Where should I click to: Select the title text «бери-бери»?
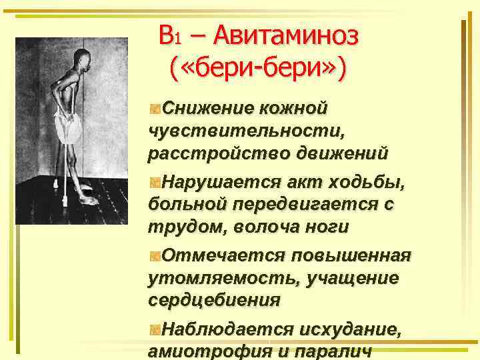258,69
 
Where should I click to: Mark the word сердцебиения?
214,301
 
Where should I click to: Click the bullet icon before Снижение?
155,107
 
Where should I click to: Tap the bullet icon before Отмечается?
155,256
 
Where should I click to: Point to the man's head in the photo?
81,56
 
